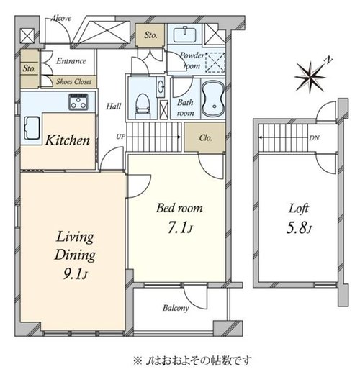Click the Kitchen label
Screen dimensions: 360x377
[x=68, y=140]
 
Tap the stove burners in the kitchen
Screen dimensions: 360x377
[x=78, y=102]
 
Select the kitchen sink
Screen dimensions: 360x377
[x=32, y=127]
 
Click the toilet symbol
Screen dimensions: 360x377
[x=143, y=106]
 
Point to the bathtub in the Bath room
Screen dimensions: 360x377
[x=212, y=99]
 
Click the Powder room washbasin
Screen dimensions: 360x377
[x=185, y=34]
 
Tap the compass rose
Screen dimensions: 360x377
[x=310, y=77]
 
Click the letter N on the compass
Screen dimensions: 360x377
[x=328, y=60]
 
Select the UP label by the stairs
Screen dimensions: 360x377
[x=121, y=137]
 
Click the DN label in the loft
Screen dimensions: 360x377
[x=314, y=137]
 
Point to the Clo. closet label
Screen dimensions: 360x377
[x=206, y=137]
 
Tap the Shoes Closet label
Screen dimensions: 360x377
[x=74, y=82]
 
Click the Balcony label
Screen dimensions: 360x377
[x=176, y=308]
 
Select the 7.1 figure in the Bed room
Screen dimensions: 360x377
[x=177, y=227]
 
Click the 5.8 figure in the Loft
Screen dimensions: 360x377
[x=297, y=227]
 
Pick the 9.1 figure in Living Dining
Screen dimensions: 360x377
[x=73, y=274]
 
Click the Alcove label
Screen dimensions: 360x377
[x=61, y=19]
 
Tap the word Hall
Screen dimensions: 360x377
[x=114, y=106]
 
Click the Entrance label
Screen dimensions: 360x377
[x=71, y=61]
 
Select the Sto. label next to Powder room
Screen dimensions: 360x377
[x=150, y=35]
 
